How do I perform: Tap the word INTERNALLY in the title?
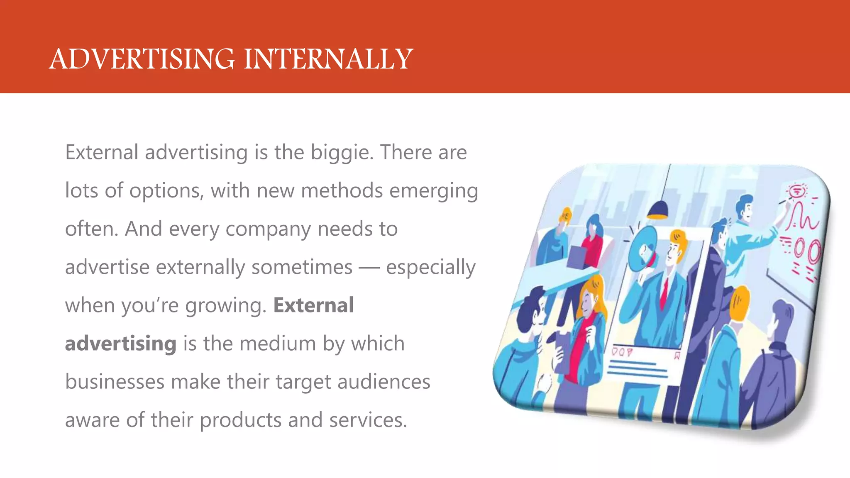pyautogui.click(x=328, y=59)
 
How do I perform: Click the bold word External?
pyautogui.click(x=313, y=305)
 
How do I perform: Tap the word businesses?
pyautogui.click(x=115, y=382)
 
